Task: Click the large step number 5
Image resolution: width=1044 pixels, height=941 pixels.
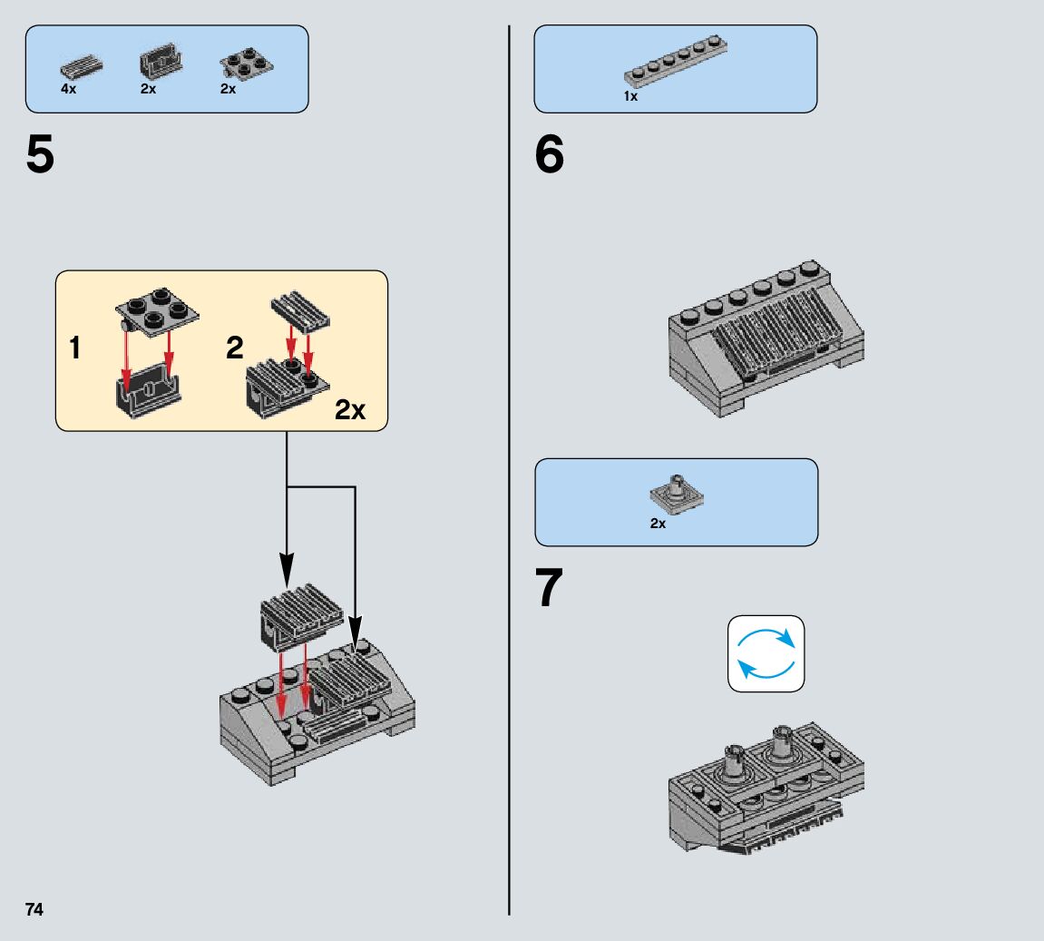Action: click(x=40, y=155)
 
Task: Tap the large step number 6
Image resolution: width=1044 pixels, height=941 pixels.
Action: click(x=549, y=155)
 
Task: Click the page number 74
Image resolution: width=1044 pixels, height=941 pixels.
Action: click(x=34, y=909)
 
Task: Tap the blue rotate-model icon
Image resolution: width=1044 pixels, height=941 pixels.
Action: click(x=766, y=653)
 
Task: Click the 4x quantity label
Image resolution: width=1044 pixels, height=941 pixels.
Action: click(x=69, y=90)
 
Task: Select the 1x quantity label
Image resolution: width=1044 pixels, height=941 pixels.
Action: click(x=630, y=96)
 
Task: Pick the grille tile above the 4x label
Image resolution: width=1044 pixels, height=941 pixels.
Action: click(x=81, y=67)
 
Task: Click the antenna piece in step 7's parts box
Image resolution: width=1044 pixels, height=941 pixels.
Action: click(x=677, y=492)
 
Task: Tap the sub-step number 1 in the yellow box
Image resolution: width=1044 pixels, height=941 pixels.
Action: click(x=77, y=348)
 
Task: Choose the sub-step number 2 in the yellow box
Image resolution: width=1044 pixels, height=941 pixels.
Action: click(x=235, y=348)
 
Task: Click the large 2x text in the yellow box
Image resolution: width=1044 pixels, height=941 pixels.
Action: click(x=349, y=410)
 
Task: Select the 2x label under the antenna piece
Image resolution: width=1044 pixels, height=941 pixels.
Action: click(x=658, y=524)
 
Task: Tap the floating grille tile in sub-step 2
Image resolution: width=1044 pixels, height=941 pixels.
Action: click(x=300, y=310)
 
